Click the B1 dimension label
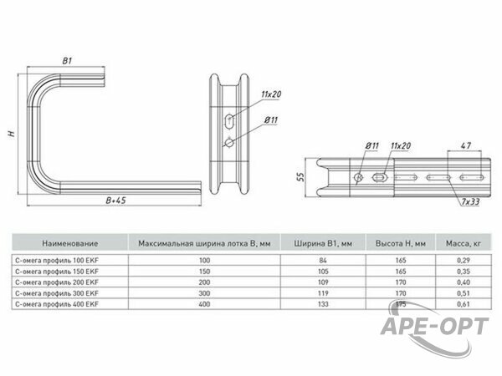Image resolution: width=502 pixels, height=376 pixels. (67, 61)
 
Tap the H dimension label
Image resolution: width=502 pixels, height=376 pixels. (13, 134)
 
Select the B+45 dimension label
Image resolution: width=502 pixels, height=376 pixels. (116, 201)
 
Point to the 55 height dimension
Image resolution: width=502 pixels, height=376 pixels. (300, 177)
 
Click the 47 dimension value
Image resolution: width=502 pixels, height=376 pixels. (466, 145)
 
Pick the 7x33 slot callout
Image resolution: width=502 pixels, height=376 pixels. (470, 201)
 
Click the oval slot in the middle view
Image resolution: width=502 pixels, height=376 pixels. (229, 122)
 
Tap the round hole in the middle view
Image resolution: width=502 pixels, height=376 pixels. (229, 143)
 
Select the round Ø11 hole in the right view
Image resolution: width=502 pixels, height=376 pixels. (359, 177)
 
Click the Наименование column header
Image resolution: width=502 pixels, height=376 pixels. (69, 243)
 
